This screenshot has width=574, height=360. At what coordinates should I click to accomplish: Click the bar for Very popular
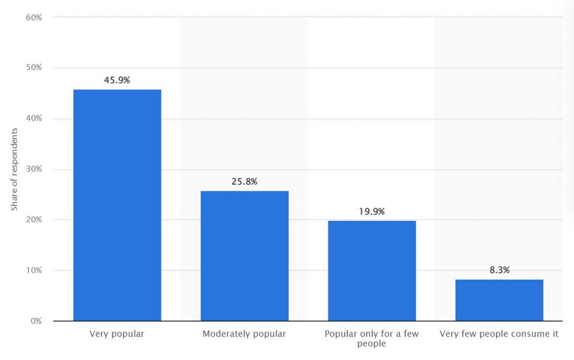pyautogui.click(x=117, y=205)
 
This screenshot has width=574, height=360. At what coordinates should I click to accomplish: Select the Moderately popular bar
pyautogui.click(x=244, y=256)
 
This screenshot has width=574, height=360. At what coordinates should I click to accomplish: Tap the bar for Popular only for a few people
pyautogui.click(x=372, y=271)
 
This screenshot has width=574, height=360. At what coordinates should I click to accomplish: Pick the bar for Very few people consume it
pyautogui.click(x=499, y=300)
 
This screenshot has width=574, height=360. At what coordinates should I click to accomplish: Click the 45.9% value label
pyautogui.click(x=117, y=80)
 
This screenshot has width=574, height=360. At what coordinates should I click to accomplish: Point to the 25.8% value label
pyautogui.click(x=244, y=182)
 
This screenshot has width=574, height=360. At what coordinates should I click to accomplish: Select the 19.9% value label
pyautogui.click(x=372, y=211)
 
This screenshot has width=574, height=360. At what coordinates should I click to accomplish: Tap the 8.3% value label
pyautogui.click(x=499, y=270)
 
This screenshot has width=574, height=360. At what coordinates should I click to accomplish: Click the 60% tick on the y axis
pyautogui.click(x=33, y=17)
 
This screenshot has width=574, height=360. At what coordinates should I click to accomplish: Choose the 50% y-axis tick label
pyautogui.click(x=33, y=68)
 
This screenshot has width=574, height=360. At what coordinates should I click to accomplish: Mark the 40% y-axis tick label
pyautogui.click(x=33, y=119)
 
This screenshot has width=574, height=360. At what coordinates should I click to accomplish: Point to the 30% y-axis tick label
pyautogui.click(x=33, y=169)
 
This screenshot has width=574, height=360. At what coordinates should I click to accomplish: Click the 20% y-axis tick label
pyautogui.click(x=33, y=220)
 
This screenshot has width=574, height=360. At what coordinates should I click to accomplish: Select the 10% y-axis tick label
pyautogui.click(x=33, y=271)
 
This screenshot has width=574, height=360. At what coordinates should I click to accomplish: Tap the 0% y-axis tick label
pyautogui.click(x=36, y=321)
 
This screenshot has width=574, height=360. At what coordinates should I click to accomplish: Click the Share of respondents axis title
pyautogui.click(x=14, y=169)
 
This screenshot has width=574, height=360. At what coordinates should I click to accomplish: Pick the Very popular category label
pyautogui.click(x=117, y=334)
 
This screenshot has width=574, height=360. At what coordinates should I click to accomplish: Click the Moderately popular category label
pyautogui.click(x=244, y=334)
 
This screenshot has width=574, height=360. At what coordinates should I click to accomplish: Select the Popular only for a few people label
pyautogui.click(x=371, y=338)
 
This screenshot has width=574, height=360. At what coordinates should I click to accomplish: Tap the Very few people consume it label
pyautogui.click(x=499, y=334)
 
